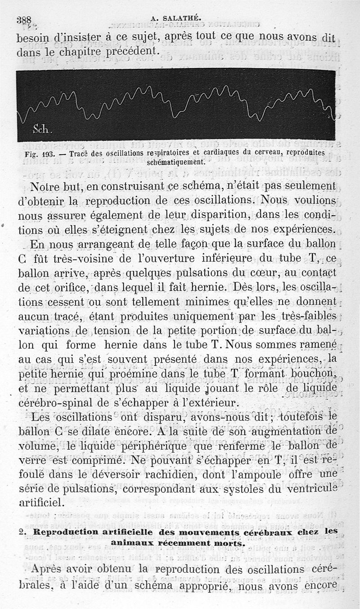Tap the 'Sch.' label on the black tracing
tap(43, 130)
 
